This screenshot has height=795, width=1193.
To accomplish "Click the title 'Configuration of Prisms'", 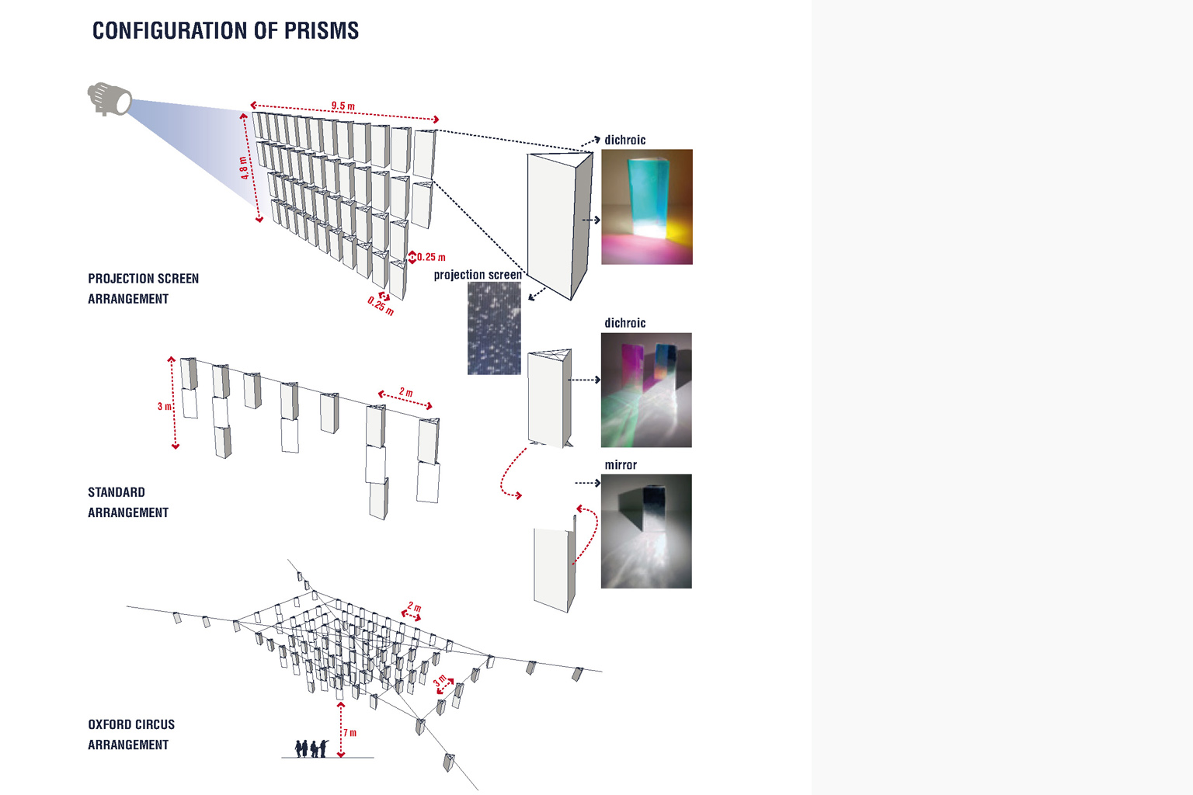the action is point(225,30).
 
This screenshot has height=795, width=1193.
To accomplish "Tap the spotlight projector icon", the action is point(110,99).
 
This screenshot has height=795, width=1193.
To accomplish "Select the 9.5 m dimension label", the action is point(343,106).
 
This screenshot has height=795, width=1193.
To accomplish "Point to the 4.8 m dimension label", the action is point(244,167).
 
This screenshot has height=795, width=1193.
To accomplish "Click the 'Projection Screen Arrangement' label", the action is point(143,289).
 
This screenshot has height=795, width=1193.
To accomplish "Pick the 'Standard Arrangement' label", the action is point(128,502).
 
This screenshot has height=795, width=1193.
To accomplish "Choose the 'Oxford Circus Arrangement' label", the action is point(131,734).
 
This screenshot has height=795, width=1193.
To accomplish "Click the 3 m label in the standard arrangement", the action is point(165,406).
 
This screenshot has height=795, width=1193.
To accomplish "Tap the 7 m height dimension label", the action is point(350,733).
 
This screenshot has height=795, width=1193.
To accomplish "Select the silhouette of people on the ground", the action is point(312,748).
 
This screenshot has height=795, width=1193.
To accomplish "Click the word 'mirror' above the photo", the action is point(621,465).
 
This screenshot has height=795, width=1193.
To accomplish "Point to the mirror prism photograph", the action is point(646,531).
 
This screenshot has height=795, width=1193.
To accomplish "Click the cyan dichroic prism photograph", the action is point(647,207).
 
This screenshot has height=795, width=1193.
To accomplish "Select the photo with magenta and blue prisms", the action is point(646,390).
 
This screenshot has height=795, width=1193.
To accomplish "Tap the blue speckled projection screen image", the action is point(494,328).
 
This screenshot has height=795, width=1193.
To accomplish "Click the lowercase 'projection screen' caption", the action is point(478,275).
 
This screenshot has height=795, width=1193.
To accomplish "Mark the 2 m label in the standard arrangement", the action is point(406,392).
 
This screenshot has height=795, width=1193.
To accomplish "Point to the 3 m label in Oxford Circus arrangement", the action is point(440,680).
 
